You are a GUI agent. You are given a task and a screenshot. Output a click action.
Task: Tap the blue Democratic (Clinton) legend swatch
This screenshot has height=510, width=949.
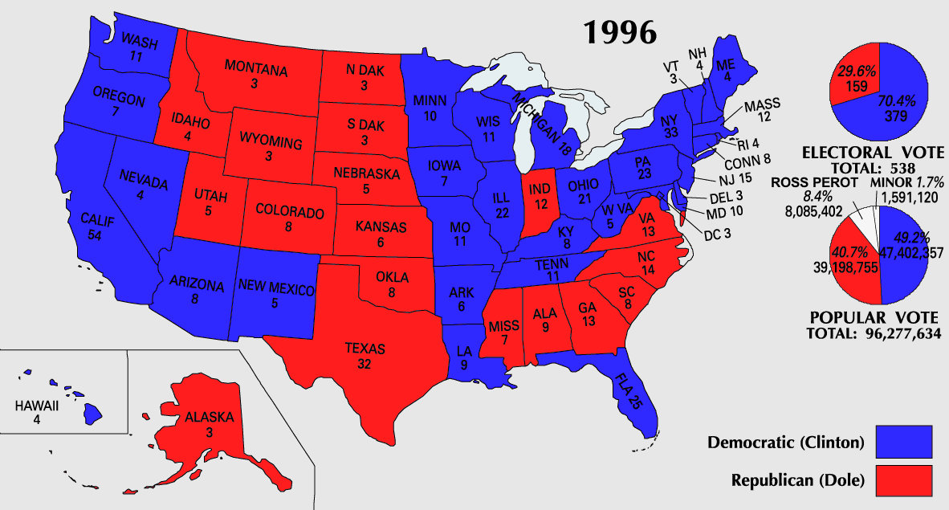pyautogui.click(x=903, y=443)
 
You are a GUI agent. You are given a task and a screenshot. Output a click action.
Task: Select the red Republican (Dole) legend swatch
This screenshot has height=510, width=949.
pyautogui.click(x=903, y=480)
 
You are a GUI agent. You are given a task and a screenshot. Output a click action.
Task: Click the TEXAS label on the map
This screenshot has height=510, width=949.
pyautogui.click(x=365, y=349)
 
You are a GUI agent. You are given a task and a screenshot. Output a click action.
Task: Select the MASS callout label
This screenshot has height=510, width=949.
pyautogui.click(x=762, y=106)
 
